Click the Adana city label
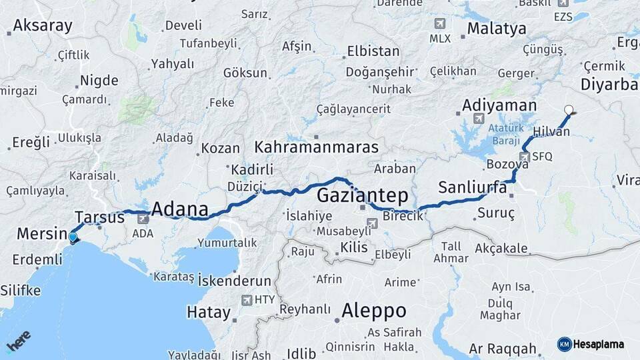click(179, 209)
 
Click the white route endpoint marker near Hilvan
click(568, 110)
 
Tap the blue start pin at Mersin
click(73, 237)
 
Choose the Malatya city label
click(497, 29)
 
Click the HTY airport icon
click(247, 300)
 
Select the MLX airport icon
click(439, 23)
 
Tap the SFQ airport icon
click(525, 157)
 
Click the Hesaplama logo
click(591, 344)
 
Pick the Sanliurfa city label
click(472, 187)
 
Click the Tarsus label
click(99, 217)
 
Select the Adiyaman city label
click(499, 105)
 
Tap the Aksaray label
click(42, 26)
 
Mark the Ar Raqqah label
click(503, 349)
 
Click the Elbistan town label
click(373, 51)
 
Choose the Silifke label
click(21, 291)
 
